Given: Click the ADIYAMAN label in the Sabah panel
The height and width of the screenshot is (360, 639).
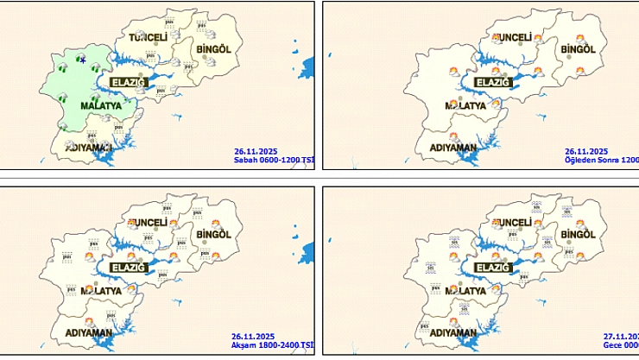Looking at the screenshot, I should (x=89, y=148).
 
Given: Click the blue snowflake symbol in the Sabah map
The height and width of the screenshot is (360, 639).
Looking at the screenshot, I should (x=82, y=60).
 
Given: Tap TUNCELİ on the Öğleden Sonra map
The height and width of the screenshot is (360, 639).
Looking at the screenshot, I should (x=516, y=37).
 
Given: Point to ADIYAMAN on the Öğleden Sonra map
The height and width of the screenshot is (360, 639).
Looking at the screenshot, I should (x=454, y=148).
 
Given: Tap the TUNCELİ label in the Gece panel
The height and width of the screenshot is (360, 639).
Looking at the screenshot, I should (x=516, y=224).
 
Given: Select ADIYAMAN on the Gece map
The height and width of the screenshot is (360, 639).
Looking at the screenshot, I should (x=454, y=333).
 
